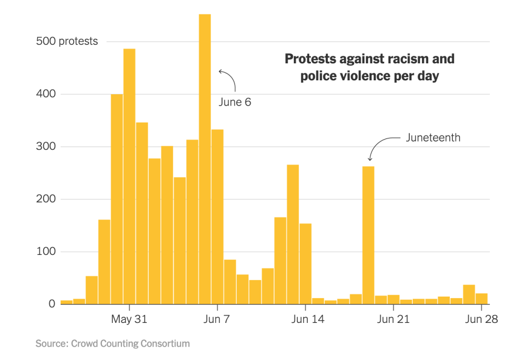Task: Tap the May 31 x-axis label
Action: coord(129,319)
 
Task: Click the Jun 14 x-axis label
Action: coord(307,319)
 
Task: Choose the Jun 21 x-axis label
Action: coord(393,319)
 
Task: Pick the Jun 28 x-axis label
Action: coord(481,319)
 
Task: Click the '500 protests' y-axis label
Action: coord(67,41)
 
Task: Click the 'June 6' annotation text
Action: coord(235,102)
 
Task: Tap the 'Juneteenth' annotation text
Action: coord(433,138)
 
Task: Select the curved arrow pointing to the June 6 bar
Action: coord(229,79)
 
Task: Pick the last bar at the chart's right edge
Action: coord(481,298)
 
